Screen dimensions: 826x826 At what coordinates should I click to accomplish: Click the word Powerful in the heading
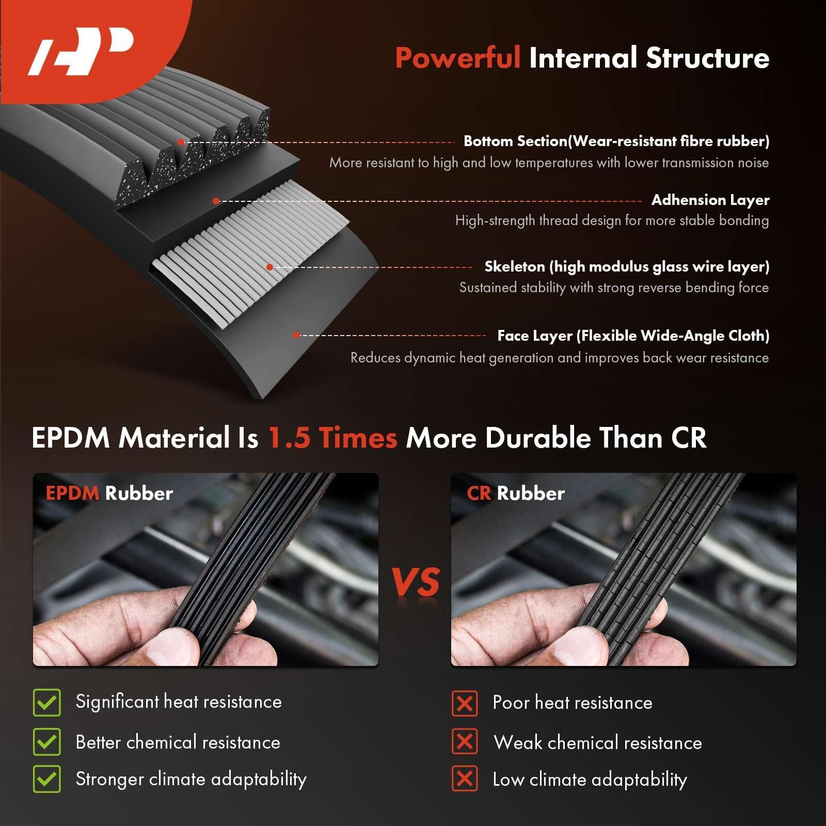pyautogui.click(x=457, y=58)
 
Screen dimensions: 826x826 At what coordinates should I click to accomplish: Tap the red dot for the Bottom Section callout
pyautogui.click(x=181, y=142)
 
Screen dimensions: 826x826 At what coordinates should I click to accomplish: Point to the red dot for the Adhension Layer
pyautogui.click(x=216, y=201)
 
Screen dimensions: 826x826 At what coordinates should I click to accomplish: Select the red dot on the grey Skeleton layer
pyautogui.click(x=269, y=267)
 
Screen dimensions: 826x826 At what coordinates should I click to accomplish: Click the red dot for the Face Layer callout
pyautogui.click(x=296, y=335)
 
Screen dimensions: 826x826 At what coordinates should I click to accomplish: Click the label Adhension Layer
pyautogui.click(x=710, y=200)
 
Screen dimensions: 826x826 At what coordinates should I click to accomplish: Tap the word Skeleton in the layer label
pyautogui.click(x=514, y=266)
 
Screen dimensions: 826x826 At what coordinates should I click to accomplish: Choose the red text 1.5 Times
pyautogui.click(x=333, y=438)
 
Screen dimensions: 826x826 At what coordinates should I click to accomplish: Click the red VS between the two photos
pyautogui.click(x=416, y=582)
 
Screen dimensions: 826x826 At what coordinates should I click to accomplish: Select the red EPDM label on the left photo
pyautogui.click(x=72, y=493)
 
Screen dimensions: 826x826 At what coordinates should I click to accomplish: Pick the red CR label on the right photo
pyautogui.click(x=479, y=493)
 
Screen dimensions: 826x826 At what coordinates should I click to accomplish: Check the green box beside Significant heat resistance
pyautogui.click(x=47, y=703)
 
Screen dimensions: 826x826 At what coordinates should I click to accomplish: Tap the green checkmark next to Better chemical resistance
pyautogui.click(x=47, y=742)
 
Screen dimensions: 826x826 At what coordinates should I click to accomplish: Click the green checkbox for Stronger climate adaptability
pyautogui.click(x=47, y=779)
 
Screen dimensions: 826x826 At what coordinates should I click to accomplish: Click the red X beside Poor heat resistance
pyautogui.click(x=465, y=703)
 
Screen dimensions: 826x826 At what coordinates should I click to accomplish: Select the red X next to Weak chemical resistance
pyautogui.click(x=465, y=742)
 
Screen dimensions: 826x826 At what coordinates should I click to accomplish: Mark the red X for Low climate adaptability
pyautogui.click(x=465, y=779)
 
